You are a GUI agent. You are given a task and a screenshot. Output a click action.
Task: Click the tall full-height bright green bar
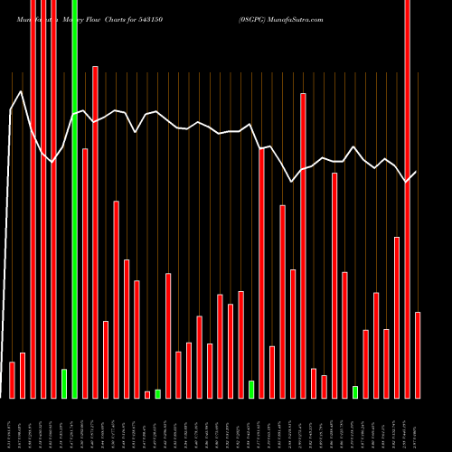click(74, 199)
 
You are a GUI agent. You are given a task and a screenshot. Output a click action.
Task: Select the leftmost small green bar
click(64, 383)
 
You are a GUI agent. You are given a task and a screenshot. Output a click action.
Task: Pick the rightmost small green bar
click(355, 391)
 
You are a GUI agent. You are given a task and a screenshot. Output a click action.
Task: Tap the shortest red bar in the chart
click(147, 394)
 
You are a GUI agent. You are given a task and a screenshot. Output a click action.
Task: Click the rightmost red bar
click(418, 354)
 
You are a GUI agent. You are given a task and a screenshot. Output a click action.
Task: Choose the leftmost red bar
click(12, 380)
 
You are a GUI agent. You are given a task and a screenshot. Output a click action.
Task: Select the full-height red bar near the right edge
click(408, 199)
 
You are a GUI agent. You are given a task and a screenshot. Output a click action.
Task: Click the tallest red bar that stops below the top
click(95, 231)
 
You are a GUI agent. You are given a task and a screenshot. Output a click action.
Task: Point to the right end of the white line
click(417, 172)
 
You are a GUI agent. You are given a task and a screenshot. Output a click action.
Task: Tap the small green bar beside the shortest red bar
click(157, 393)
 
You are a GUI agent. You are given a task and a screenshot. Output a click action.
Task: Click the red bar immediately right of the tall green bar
click(85, 273)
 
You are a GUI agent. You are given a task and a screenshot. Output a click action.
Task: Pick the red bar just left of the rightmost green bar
click(345, 334)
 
